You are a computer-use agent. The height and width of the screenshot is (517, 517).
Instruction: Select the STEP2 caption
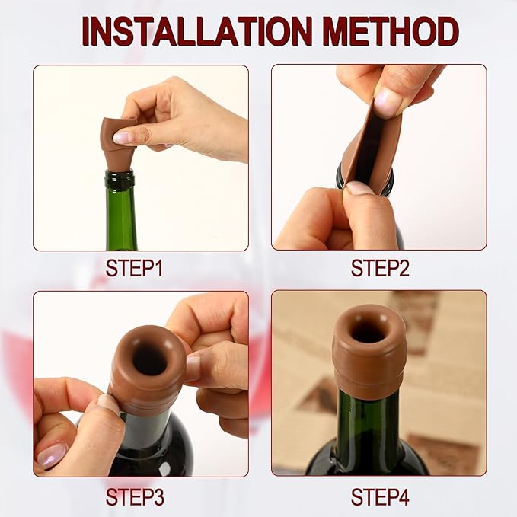(379, 268)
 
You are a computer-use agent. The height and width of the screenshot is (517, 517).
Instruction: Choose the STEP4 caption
(379, 498)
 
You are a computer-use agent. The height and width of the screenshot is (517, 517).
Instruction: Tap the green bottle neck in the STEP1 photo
(121, 217)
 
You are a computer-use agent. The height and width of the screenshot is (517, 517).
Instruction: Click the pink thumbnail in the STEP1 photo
(122, 138)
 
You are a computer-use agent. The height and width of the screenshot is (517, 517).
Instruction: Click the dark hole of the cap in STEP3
(150, 360)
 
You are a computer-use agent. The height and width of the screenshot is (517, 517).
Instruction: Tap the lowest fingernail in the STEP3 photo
(52, 455)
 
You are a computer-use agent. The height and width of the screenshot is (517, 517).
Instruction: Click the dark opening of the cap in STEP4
(369, 332)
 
